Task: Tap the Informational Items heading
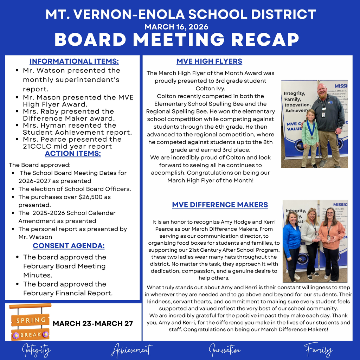(x=74, y=61)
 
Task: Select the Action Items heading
(x=73, y=154)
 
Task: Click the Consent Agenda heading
(x=69, y=246)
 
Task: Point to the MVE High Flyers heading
(x=209, y=61)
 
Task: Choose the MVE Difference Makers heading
(x=220, y=205)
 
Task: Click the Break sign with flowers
(x=31, y=334)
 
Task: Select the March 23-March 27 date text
(x=93, y=323)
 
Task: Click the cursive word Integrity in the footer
(x=36, y=351)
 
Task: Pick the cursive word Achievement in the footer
(x=131, y=351)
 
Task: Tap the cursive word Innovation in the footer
(x=225, y=350)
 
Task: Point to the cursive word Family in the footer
(x=318, y=350)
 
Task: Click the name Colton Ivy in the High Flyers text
(x=210, y=88)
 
